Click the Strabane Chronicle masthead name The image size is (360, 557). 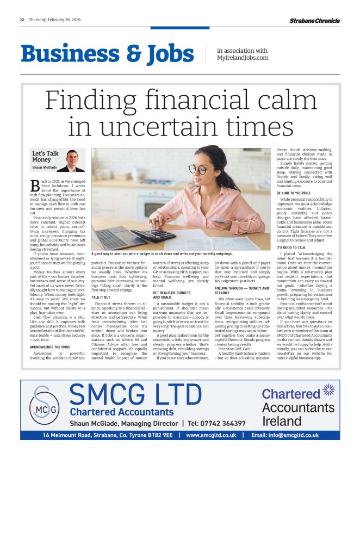point(314,21)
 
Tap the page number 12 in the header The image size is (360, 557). point(22,20)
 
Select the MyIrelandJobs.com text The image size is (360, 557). point(243,58)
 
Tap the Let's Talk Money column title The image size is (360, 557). point(45,157)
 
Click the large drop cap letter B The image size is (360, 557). point(34,188)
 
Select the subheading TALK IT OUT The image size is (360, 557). point(101,298)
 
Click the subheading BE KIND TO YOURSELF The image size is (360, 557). point(293,193)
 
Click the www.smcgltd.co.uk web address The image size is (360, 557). point(211,435)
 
